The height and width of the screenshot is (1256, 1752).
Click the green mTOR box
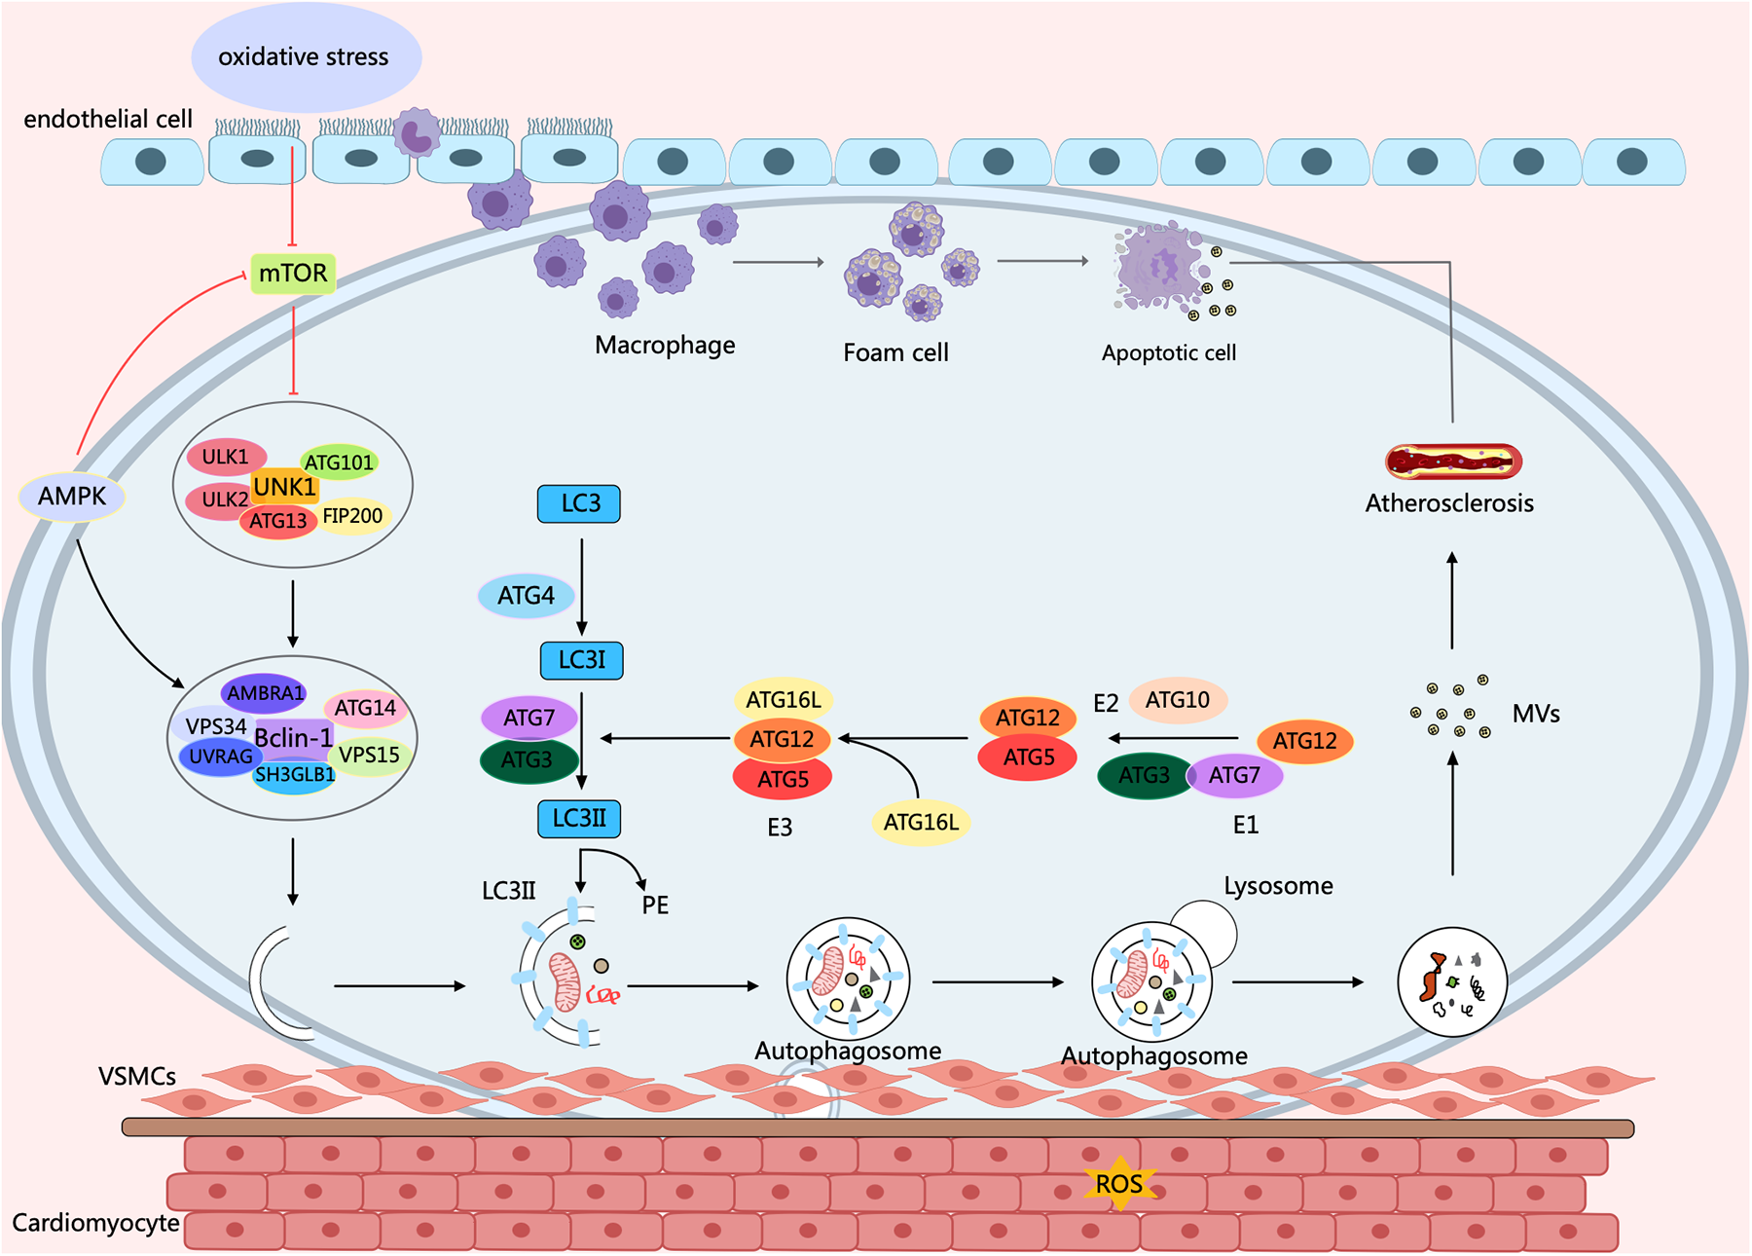point(293,274)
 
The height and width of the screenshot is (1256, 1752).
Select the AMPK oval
point(72,497)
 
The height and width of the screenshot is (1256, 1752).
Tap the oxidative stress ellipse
point(305,56)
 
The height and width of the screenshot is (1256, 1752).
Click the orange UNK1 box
point(284,486)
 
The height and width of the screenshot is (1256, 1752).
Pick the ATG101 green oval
point(339,462)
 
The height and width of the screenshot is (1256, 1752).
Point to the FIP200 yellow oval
point(353,516)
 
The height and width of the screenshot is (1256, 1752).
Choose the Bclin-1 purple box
point(293,737)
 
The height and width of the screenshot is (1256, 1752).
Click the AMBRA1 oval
point(265,693)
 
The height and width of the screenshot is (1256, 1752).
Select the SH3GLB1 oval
point(294,775)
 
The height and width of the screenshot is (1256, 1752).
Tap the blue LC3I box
point(581,660)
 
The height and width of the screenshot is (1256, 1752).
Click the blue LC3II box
point(579,819)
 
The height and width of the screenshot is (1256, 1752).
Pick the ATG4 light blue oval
point(526,596)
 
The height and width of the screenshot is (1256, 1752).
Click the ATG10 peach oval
point(1177,700)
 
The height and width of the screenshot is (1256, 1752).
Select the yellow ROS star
point(1119,1184)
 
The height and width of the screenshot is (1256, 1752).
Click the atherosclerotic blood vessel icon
point(1453,462)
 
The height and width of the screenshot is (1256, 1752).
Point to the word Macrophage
point(665,346)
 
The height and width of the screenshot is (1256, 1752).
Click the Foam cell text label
point(895,353)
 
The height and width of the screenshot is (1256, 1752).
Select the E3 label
point(780,828)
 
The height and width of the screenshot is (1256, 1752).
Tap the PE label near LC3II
point(655,905)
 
